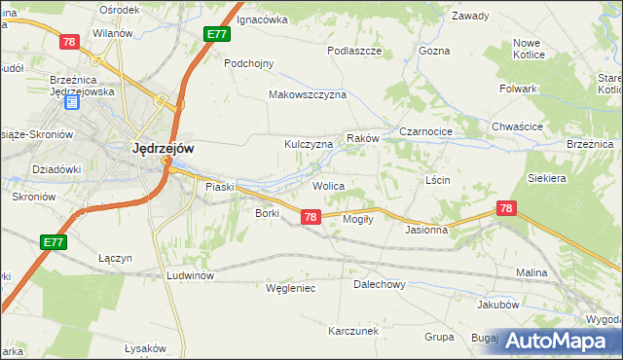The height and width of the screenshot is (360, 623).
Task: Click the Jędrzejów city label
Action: [x=163, y=149]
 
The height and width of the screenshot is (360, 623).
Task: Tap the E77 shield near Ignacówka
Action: [x=217, y=34]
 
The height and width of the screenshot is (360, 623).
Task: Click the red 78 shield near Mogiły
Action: [x=310, y=217]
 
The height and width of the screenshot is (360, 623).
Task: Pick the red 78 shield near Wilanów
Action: [x=68, y=42]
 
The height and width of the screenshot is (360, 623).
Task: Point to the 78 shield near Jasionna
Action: [x=505, y=208]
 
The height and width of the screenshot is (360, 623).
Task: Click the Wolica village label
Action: [x=328, y=185]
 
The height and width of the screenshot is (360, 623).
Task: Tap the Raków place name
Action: [x=362, y=139]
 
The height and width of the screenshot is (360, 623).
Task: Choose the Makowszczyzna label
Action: [x=308, y=95]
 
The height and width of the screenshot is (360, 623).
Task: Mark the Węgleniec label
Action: [x=291, y=288]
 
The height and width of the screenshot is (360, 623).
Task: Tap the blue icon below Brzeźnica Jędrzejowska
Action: [x=70, y=102]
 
